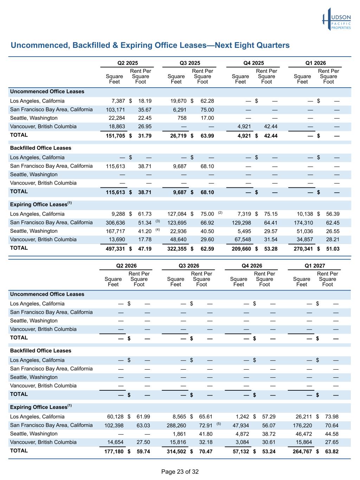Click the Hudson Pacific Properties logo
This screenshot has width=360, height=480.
pyautogui.click(x=336, y=19)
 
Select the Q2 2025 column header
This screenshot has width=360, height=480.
pyautogui.click(x=127, y=63)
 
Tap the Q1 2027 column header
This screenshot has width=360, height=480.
pyautogui.click(x=315, y=265)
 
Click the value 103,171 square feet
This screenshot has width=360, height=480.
pyautogui.click(x=115, y=110)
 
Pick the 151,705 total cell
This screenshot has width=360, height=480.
pyautogui.click(x=115, y=136)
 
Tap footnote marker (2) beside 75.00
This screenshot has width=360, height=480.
pyautogui.click(x=220, y=212)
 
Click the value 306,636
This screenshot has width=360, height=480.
pyautogui.click(x=115, y=223)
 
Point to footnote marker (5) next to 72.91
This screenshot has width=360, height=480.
pyautogui.click(x=219, y=424)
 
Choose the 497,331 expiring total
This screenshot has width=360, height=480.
pyautogui.click(x=115, y=249)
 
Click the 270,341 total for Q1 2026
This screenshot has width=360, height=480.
pyautogui.click(x=303, y=249)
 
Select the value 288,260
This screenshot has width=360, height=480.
pyautogui.click(x=176, y=425)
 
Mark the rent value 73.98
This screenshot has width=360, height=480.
pyautogui.click(x=332, y=417)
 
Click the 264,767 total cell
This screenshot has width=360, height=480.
pyautogui.click(x=302, y=451)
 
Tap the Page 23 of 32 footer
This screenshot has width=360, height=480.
pyautogui.click(x=180, y=472)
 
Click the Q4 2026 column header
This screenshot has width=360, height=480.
pyautogui.click(x=252, y=265)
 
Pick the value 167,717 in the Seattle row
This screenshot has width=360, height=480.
pyautogui.click(x=115, y=231)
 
